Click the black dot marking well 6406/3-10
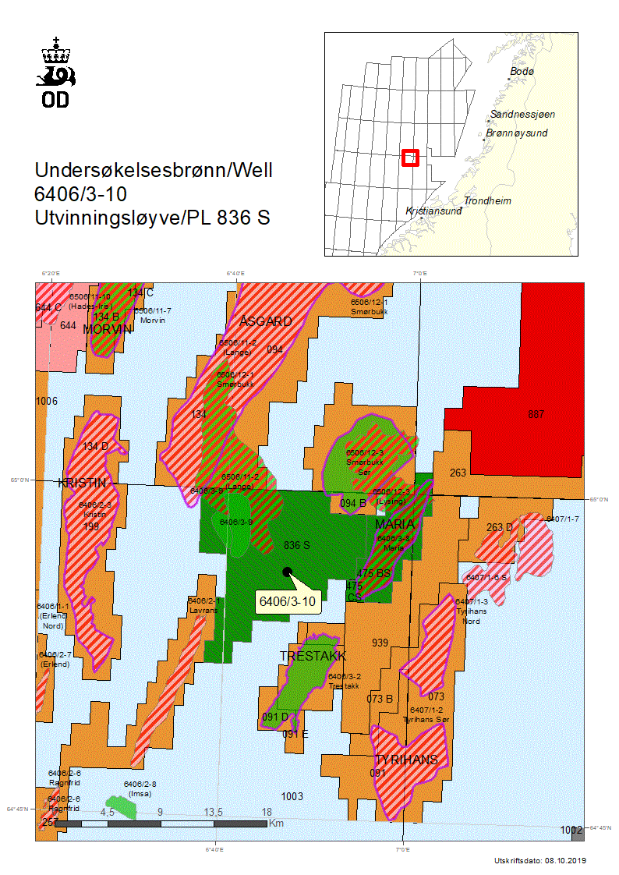(288, 572)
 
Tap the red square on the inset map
(410, 158)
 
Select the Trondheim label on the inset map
(487, 201)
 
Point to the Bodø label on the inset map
(522, 72)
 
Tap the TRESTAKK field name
(313, 656)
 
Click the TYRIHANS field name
(406, 760)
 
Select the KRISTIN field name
(82, 483)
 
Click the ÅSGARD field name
(266, 321)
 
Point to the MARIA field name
(394, 523)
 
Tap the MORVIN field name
(108, 329)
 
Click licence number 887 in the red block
(536, 414)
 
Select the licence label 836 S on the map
(296, 545)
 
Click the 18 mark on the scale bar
(267, 812)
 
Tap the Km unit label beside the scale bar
(277, 823)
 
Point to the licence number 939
(380, 643)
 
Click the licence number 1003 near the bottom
(292, 796)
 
